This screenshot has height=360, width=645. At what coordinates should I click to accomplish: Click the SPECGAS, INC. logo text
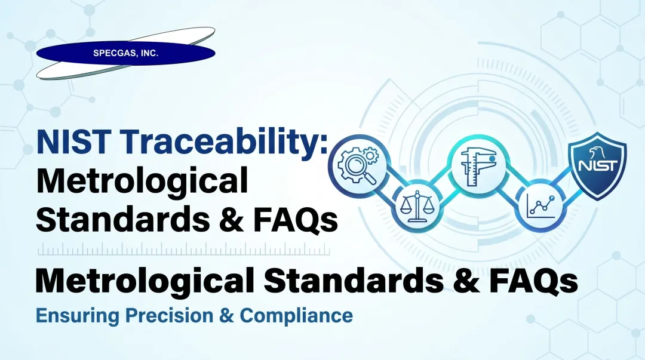click(x=125, y=53)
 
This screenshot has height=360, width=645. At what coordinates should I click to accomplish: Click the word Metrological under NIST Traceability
click(x=142, y=182)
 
